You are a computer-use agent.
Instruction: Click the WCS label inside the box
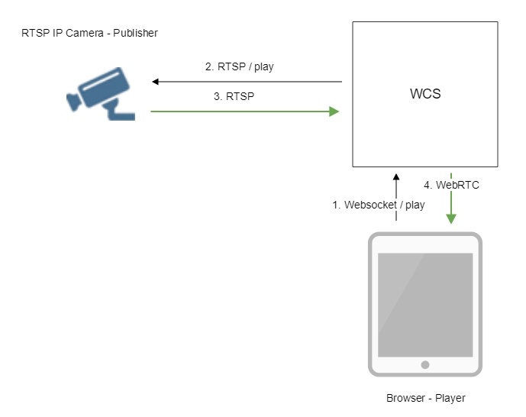pyautogui.click(x=424, y=95)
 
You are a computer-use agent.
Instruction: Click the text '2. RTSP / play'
pyautogui.click(x=239, y=66)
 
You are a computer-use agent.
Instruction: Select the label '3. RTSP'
pyautogui.click(x=235, y=97)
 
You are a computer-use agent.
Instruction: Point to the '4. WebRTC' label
pyautogui.click(x=451, y=185)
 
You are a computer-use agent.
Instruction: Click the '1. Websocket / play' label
pyautogui.click(x=379, y=205)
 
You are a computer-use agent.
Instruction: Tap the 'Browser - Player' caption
pyautogui.click(x=425, y=398)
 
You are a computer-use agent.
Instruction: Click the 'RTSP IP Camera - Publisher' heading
pyautogui.click(x=90, y=34)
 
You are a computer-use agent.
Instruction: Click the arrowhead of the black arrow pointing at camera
pyautogui.click(x=155, y=81)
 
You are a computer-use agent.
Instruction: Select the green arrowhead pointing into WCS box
pyautogui.click(x=334, y=112)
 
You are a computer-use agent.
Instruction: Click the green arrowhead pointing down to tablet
pyautogui.click(x=452, y=219)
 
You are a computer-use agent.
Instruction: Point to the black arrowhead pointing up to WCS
pyautogui.click(x=395, y=178)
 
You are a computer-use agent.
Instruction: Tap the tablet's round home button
pyautogui.click(x=425, y=365)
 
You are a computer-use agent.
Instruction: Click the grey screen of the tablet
pyautogui.click(x=425, y=302)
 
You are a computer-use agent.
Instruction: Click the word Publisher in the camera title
pyautogui.click(x=135, y=34)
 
